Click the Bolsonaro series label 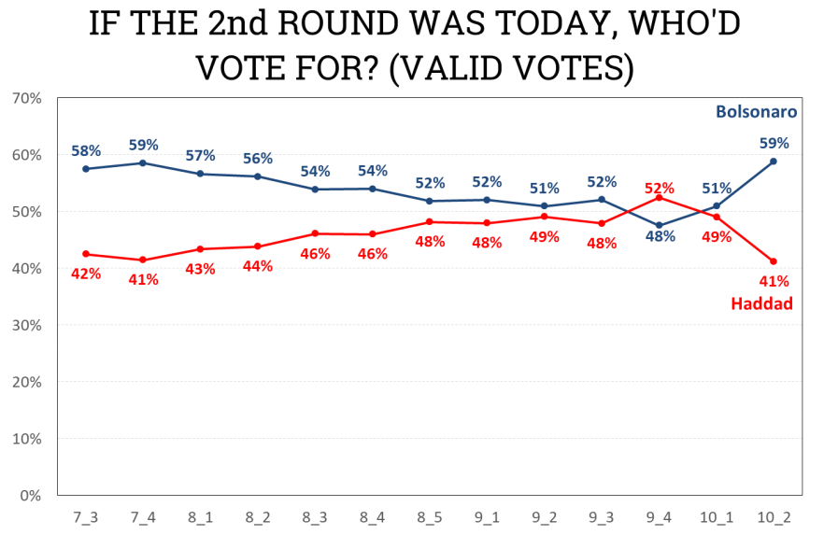click(756, 112)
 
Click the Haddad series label click(760, 303)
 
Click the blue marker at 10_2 click(774, 162)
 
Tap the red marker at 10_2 click(774, 261)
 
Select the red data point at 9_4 click(660, 197)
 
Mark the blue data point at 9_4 click(660, 225)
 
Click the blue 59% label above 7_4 click(143, 146)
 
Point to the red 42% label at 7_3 click(86, 274)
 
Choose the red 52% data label click(660, 187)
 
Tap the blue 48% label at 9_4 click(660, 237)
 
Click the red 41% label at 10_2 click(774, 282)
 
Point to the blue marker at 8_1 click(200, 174)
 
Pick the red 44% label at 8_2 click(257, 266)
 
